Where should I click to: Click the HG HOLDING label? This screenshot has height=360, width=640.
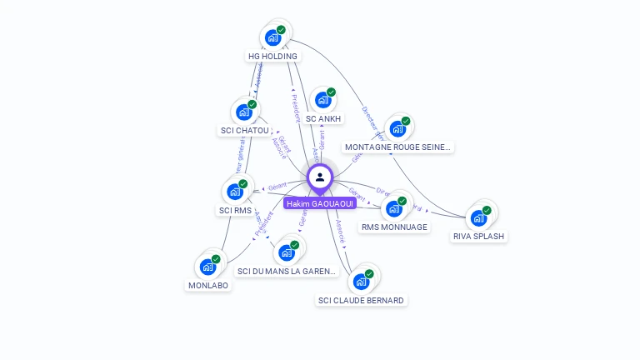pos(272,56)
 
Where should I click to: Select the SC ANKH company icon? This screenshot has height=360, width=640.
pos(322,100)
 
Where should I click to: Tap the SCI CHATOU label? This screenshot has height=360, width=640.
pos(244,131)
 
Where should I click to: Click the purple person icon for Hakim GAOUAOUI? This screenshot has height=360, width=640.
pos(320,177)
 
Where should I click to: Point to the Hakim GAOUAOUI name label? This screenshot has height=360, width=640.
pos(320,203)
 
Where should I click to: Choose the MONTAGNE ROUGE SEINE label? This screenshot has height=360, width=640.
pos(398,147)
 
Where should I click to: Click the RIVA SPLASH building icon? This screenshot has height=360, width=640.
pos(478,217)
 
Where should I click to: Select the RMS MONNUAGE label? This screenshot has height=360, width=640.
pos(394,227)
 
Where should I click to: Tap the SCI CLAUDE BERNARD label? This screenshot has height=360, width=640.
pos(361,300)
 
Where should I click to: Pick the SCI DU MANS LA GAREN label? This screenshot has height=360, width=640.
pos(287,271)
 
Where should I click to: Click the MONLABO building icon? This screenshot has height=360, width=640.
pos(207,267)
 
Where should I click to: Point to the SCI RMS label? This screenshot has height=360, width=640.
pos(235,211)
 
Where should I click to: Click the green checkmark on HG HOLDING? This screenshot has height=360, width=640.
pos(281,30)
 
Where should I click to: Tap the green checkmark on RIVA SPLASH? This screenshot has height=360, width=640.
pos(487,210)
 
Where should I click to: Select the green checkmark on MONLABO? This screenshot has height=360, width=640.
pos(215,259)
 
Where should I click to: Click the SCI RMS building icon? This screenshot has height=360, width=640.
pos(235,192)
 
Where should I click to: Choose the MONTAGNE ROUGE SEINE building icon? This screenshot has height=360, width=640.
pos(397,128)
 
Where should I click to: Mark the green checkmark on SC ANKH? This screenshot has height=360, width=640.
pos(331,92)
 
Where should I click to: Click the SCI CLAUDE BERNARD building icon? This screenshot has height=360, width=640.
pos(361,281)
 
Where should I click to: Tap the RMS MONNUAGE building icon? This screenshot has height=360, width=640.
pos(393,208)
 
